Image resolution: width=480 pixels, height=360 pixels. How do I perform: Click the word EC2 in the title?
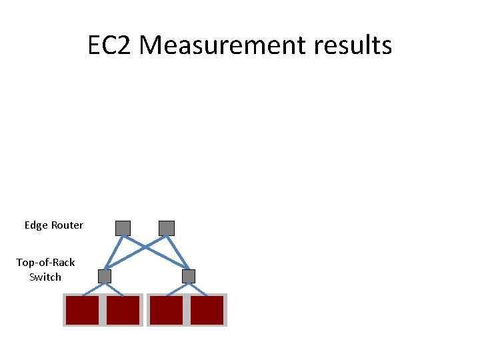[111, 45]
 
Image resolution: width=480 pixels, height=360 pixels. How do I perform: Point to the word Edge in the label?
[36, 225]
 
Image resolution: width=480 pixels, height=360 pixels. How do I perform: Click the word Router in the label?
[67, 225]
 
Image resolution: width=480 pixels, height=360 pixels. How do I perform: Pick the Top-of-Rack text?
[45, 263]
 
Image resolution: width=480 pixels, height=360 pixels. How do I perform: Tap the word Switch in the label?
[45, 277]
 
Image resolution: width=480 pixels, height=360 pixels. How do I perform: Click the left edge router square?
[123, 228]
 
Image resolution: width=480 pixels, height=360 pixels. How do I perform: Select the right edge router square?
[167, 228]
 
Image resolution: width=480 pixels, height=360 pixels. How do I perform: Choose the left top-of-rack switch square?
[105, 275]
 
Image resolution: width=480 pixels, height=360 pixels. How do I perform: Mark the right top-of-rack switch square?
[189, 275]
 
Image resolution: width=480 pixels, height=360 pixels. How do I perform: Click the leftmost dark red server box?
[82, 310]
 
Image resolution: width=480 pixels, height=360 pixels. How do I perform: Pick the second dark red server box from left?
[123, 310]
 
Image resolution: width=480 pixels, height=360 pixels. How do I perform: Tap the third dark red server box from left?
[166, 310]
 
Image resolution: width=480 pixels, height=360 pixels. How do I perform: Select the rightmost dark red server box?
[207, 310]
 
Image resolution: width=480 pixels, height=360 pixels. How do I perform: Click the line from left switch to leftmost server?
[93, 289]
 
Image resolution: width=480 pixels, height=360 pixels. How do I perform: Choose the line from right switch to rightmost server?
[198, 289]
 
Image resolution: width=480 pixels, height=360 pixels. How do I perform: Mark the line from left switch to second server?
[114, 289]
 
